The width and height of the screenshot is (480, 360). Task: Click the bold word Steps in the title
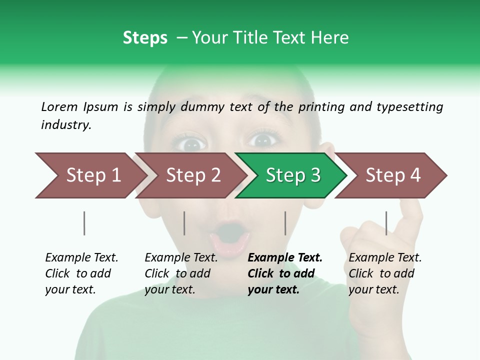click(145, 37)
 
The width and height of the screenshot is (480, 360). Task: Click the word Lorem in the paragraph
click(59, 106)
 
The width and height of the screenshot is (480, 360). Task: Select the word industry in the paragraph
click(66, 125)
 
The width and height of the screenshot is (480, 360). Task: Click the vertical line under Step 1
click(84, 223)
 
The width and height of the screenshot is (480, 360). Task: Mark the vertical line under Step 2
click(184, 223)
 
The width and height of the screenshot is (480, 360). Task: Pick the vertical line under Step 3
click(285, 223)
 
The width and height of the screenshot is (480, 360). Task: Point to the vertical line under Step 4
click(386, 223)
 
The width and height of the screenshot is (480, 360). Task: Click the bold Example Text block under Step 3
click(285, 273)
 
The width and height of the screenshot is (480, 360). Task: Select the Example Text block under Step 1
click(81, 273)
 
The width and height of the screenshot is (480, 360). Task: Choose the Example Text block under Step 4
click(385, 273)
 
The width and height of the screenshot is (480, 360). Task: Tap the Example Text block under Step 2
click(181, 273)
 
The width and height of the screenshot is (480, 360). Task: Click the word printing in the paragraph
click(322, 106)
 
